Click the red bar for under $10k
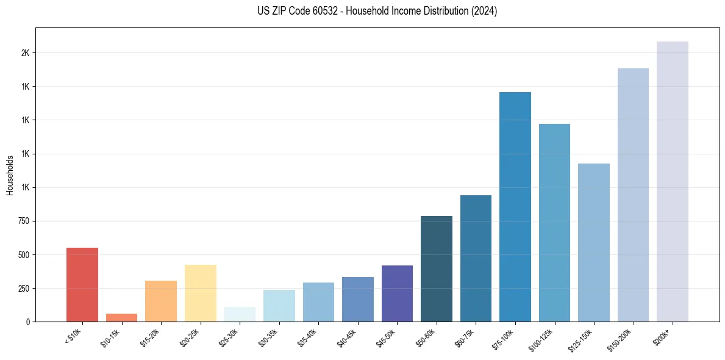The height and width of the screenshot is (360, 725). click(82, 284)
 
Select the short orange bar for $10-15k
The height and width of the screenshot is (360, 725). click(121, 317)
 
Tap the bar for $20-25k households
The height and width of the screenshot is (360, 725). click(200, 293)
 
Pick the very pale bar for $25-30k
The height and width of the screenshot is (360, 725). click(240, 314)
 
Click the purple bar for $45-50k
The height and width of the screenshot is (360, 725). click(397, 293)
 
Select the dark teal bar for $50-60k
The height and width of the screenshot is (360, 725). click(437, 268)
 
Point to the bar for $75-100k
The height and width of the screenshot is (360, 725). click(515, 207)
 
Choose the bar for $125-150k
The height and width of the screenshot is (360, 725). click(594, 242)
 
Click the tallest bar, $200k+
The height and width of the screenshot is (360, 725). click(673, 181)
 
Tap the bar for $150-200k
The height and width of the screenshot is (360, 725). click(633, 195)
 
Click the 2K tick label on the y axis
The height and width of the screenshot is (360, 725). click(25, 53)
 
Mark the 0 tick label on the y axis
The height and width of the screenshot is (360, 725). click(28, 322)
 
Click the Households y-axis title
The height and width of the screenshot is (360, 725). click(10, 175)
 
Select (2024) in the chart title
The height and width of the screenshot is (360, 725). click(484, 11)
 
